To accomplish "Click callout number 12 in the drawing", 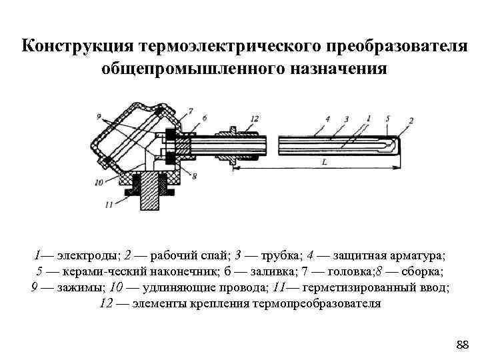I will point(254,118).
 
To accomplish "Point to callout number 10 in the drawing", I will point(99,181).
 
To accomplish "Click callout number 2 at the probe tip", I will point(411,120).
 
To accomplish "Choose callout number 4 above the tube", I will point(328,118).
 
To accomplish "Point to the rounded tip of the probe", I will point(398,144).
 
